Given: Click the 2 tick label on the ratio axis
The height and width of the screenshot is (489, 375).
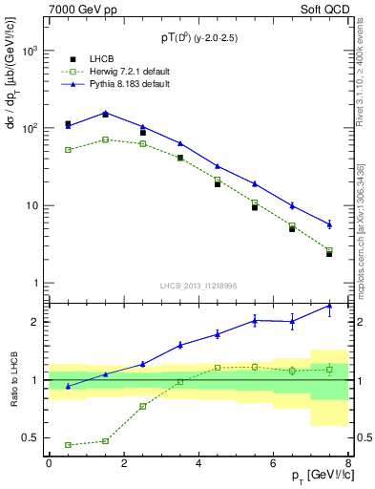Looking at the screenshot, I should tap(34, 322).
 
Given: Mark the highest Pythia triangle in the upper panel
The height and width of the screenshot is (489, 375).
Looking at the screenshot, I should tap(105, 113).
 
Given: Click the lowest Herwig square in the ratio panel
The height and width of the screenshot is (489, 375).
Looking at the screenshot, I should tap(68, 445).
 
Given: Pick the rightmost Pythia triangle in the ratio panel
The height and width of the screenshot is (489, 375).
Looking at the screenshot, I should tap(329, 306).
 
